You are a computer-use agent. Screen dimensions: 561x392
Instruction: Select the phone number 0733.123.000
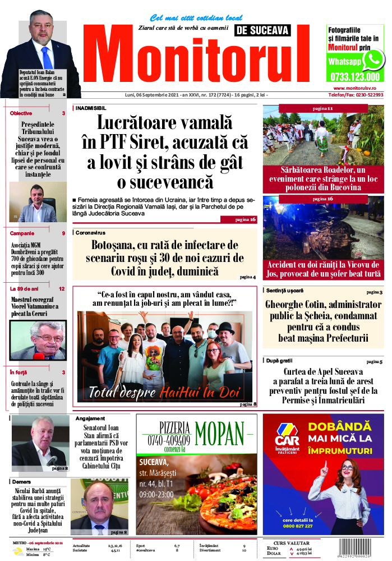coord(355,77)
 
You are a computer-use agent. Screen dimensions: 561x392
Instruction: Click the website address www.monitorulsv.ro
coord(358,88)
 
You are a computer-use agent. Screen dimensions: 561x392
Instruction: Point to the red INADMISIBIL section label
coord(91,108)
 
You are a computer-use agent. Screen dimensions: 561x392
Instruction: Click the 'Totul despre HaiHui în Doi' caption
coord(164,392)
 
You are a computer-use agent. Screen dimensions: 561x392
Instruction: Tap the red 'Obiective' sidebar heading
coord(21,113)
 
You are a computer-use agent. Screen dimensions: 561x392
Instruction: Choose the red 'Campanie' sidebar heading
coord(22,233)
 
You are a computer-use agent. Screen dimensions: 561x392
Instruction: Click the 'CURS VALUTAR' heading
coord(291,543)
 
